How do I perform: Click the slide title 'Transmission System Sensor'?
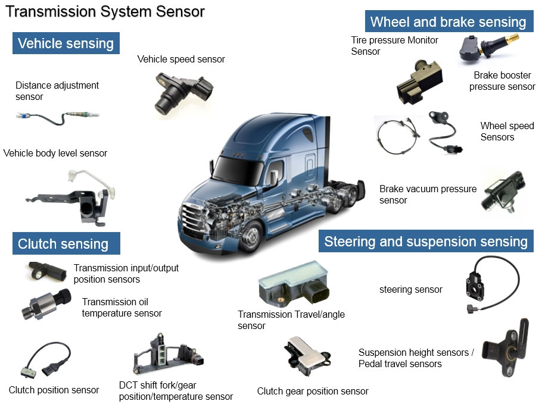coord(105,11)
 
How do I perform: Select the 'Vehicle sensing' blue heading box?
coord(66,43)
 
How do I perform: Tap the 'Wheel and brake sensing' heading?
coord(448,22)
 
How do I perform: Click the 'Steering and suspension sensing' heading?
coord(426,242)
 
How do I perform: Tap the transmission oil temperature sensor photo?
coord(45,303)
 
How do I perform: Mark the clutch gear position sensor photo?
coord(307,357)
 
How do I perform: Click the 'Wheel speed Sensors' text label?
coord(506,131)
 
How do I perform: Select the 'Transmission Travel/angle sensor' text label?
coord(291,320)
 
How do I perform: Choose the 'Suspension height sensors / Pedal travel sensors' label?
coord(416,358)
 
